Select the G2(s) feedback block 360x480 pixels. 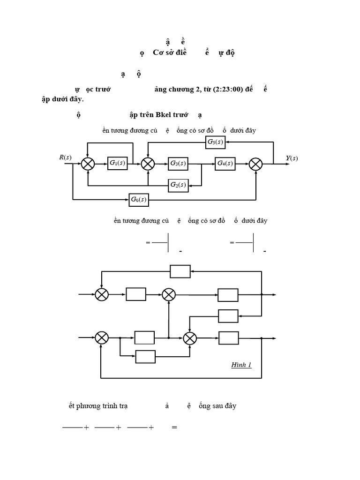(178, 185)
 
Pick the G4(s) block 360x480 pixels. (225, 163)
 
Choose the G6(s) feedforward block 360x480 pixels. (138, 200)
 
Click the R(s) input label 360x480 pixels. (65, 157)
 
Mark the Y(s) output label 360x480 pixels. (292, 158)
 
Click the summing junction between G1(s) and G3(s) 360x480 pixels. (148, 163)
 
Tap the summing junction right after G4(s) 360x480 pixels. (255, 163)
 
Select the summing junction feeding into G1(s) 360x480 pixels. (88, 163)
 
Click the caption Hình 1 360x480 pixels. (241, 365)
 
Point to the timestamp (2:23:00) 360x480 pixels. (228, 89)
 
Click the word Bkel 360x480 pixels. (165, 115)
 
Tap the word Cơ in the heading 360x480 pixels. (159, 52)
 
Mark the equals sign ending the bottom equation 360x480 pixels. (174, 427)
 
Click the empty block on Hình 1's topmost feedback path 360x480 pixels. (180, 271)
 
